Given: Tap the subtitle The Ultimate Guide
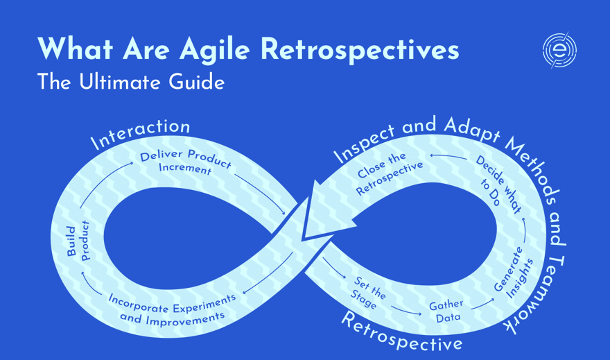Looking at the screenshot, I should coord(131,83).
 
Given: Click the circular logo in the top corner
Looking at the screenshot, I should coord(559,50).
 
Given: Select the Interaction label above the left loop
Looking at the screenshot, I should coord(141,134).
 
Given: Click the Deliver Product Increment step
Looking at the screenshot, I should coord(185,162).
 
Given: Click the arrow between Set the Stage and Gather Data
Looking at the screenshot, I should coord(406,310).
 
